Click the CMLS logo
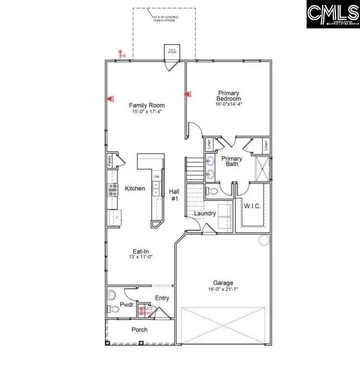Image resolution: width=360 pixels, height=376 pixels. (x=333, y=14)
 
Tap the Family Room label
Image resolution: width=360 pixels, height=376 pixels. (x=147, y=105)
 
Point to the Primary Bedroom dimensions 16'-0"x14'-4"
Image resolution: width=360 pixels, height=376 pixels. (x=229, y=104)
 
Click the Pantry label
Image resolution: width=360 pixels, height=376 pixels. (x=110, y=161)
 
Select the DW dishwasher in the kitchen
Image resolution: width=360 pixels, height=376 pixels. (x=156, y=177)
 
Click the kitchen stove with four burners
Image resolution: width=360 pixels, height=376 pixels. (x=113, y=190)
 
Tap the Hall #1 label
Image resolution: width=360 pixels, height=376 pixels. (x=174, y=195)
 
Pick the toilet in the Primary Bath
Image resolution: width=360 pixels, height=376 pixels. (x=211, y=191)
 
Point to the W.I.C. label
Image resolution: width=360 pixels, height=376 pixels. (x=252, y=206)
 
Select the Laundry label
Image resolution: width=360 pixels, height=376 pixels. (x=205, y=213)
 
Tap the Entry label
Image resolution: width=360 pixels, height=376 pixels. (x=162, y=298)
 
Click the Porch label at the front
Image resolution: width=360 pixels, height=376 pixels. (x=139, y=330)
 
